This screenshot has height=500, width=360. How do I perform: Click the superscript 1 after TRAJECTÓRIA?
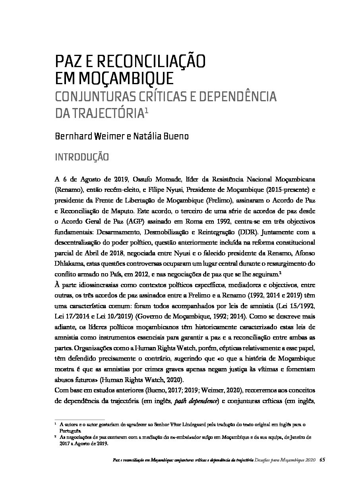click(146, 112)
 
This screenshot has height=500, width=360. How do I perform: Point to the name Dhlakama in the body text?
click(68, 263)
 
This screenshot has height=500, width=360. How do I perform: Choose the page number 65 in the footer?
click(322, 459)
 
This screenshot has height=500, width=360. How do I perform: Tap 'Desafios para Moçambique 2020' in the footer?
click(286, 459)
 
